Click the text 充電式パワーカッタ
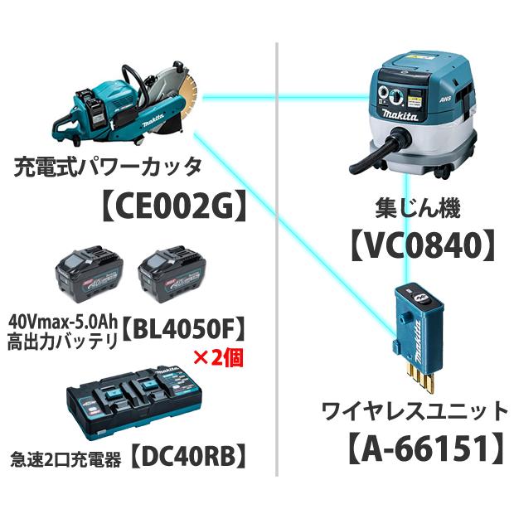pos(108,168)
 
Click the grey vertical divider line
pos(275,249)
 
